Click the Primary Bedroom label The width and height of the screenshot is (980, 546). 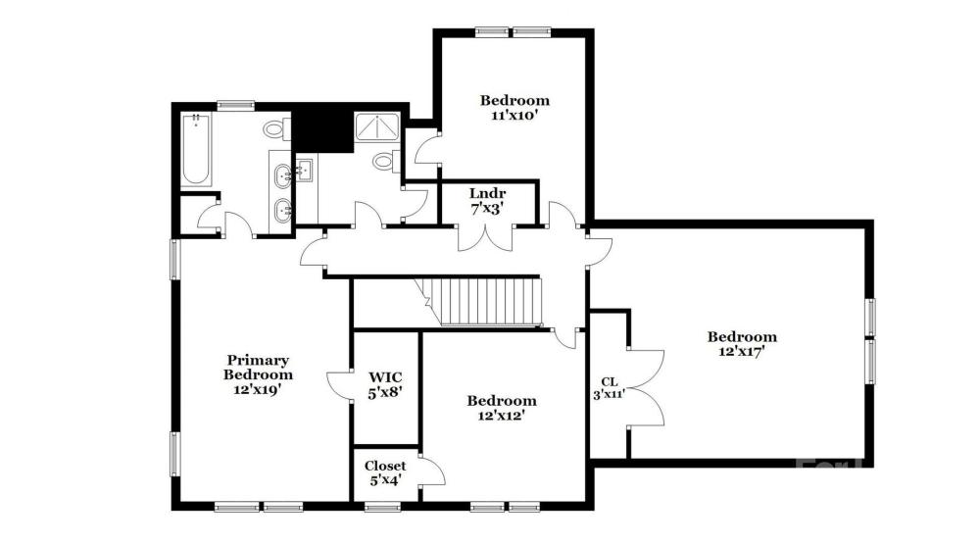(258, 368)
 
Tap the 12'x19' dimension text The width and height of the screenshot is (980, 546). (258, 389)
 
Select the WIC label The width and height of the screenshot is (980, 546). (385, 377)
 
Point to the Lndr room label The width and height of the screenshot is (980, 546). (487, 194)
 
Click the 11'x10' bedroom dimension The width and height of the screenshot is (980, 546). (515, 115)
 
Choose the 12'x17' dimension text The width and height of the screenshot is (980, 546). (742, 352)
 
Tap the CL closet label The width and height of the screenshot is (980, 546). (610, 381)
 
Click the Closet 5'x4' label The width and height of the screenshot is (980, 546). (385, 472)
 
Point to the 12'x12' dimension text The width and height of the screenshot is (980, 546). (501, 416)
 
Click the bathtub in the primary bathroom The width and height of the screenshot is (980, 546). (196, 149)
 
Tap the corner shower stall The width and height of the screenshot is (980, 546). (377, 127)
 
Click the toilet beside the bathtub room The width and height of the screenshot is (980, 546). (275, 129)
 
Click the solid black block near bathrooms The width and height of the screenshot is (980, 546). (323, 131)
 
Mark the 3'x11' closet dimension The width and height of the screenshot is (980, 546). (610, 394)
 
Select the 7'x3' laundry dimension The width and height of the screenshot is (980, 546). (487, 209)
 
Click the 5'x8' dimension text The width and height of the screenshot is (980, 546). (385, 392)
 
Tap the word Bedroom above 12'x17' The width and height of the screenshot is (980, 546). (742, 336)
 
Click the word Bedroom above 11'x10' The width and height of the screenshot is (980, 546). (515, 100)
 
